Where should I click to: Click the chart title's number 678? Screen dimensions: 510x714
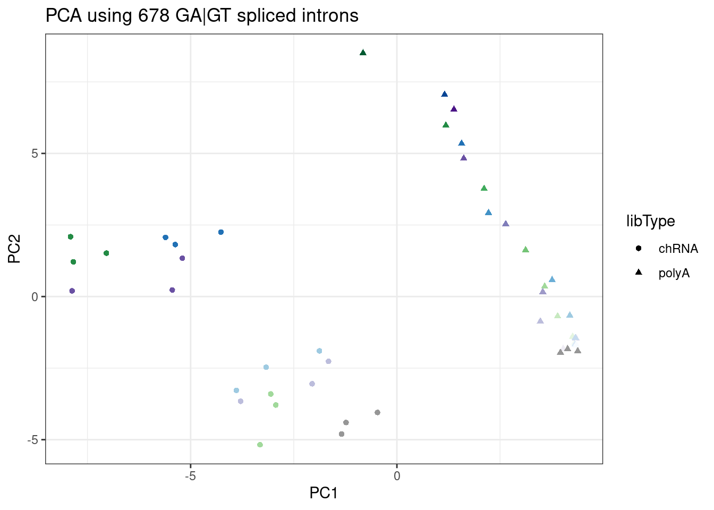point(154,15)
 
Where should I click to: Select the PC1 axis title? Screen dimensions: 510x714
point(324,493)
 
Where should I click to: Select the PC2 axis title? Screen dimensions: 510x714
point(14,249)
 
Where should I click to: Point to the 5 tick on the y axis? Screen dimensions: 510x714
point(35,154)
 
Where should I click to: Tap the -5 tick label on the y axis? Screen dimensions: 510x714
point(33,440)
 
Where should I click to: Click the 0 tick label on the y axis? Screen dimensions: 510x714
point(35,296)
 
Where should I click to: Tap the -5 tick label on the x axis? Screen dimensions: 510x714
point(190,476)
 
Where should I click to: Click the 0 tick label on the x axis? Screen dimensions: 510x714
point(397,476)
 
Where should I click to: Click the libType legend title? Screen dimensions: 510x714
point(650,221)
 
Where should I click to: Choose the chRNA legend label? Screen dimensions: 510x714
point(678,249)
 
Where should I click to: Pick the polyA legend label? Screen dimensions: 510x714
point(674,273)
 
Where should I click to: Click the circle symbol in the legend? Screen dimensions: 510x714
point(639,248)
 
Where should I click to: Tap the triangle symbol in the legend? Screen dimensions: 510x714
point(639,273)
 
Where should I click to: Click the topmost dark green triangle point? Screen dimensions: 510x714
point(363,53)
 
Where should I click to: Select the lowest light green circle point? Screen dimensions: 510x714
point(260,445)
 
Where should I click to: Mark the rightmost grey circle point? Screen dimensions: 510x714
point(377,412)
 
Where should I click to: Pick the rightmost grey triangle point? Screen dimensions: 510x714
point(577,350)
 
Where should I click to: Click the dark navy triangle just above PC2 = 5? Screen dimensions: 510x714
point(445,95)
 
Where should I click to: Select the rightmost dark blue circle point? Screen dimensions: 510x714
point(221,232)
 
